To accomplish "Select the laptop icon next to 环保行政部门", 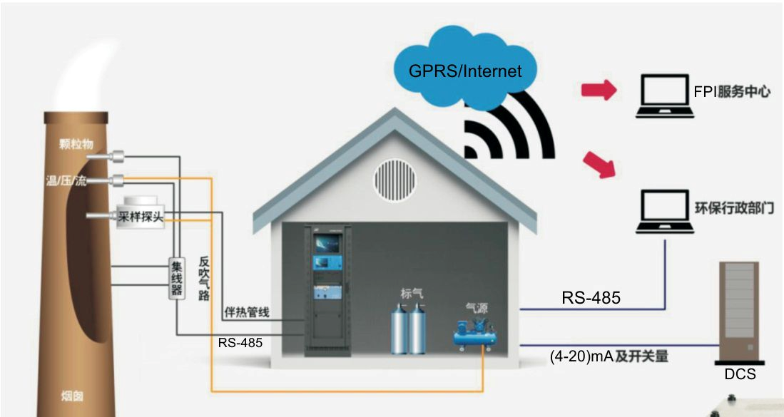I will [x=665, y=212].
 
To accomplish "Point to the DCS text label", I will [x=739, y=374].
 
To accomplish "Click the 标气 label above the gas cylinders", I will [x=412, y=293].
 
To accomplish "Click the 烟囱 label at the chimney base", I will [x=71, y=393].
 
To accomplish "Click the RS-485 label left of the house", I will [x=240, y=343].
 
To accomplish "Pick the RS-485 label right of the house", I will [x=591, y=298].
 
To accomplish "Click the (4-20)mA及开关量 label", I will [x=609, y=355].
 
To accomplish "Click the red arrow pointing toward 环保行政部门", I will [x=599, y=165].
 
